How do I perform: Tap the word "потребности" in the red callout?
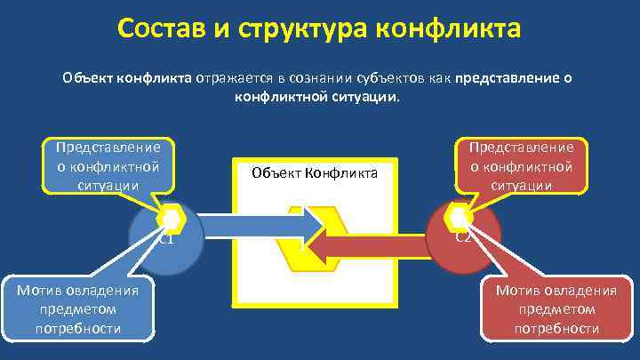tap(556, 329)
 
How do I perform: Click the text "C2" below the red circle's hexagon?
tap(463, 237)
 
